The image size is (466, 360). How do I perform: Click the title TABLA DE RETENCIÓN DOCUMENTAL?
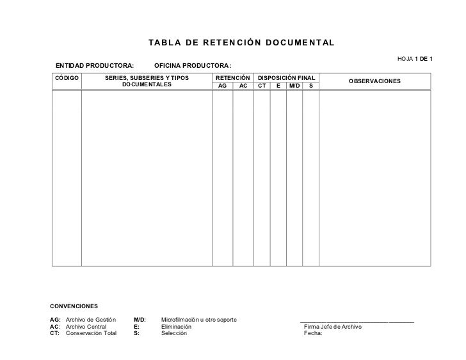(x=241, y=43)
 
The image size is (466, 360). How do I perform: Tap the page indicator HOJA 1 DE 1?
(x=415, y=59)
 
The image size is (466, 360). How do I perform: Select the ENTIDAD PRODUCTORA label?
(x=95, y=66)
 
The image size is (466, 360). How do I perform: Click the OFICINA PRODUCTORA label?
(x=193, y=66)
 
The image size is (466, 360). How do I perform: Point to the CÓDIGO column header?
(x=67, y=77)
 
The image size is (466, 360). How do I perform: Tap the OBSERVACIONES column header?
(x=374, y=82)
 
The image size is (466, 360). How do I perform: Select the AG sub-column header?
(x=223, y=85)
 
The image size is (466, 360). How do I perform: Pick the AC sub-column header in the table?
(x=243, y=85)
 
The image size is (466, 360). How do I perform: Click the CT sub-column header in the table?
(x=262, y=85)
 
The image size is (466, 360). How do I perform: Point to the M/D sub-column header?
(x=294, y=85)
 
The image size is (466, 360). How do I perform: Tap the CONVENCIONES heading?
(x=74, y=308)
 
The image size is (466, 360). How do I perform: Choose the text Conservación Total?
(x=92, y=333)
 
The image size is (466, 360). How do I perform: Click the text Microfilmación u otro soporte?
(x=199, y=319)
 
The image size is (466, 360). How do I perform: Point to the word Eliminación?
(x=176, y=326)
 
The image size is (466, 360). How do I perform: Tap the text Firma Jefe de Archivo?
(x=333, y=327)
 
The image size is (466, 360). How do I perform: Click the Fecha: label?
(x=313, y=333)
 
